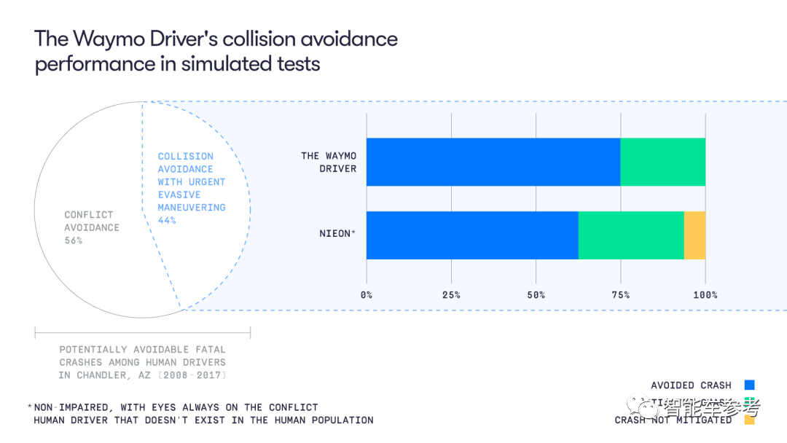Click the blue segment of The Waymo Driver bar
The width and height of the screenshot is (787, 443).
coord(493,162)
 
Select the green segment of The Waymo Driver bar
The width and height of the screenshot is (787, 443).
coord(662,162)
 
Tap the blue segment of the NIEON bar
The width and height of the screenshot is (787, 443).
coord(471,235)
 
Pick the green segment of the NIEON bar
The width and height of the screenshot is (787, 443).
coord(631,235)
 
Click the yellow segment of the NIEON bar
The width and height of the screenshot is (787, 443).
coord(694,235)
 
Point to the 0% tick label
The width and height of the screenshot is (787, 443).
coord(367,295)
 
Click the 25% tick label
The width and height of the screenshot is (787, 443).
coord(451,295)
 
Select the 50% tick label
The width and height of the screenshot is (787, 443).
coord(536,295)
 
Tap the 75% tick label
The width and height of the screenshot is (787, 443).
coord(620,295)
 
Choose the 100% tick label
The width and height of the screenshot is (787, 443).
coord(705,295)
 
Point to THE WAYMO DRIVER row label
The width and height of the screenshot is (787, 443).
coord(329,162)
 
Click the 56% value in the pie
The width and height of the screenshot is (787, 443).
coord(74,240)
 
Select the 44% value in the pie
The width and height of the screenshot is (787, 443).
coord(167,220)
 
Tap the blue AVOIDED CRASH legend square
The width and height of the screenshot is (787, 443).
coord(749,385)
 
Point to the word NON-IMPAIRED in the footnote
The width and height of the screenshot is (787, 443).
coord(67,407)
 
